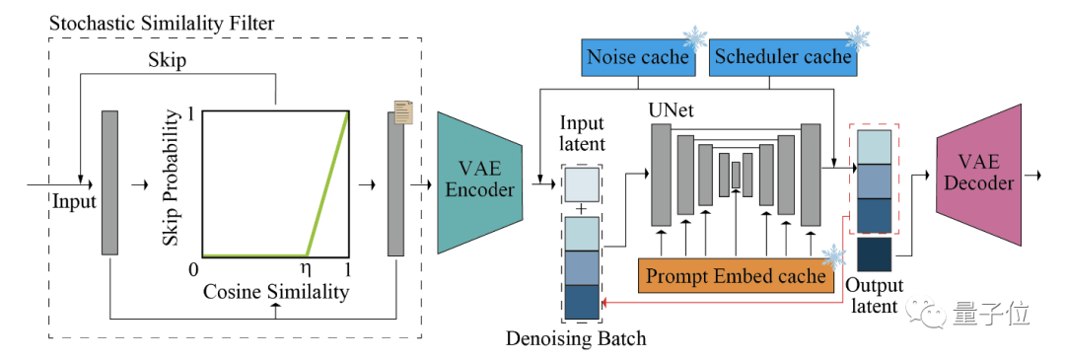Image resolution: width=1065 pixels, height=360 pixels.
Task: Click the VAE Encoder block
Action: pos(479,183)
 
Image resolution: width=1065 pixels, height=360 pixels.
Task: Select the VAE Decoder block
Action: pos(978,176)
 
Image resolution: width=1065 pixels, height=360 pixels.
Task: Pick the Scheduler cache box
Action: pos(783,57)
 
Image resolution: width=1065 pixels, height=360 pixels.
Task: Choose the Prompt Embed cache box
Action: pos(736,276)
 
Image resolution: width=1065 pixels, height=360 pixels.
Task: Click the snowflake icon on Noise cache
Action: pos(696,38)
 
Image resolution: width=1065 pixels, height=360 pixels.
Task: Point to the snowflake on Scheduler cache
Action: pos(857,38)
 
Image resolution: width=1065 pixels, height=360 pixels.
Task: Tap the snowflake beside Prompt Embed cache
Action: pos(833,257)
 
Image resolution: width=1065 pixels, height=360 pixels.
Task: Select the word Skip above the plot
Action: pos(167,61)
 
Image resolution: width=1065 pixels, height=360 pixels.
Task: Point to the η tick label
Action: pos(307,268)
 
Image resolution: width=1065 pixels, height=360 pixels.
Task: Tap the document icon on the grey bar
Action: pos(403,112)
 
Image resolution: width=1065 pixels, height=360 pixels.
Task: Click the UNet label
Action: pos(673,110)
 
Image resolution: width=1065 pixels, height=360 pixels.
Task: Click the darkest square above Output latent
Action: pos(874,254)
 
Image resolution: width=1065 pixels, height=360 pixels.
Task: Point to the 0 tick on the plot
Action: pos(193,269)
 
